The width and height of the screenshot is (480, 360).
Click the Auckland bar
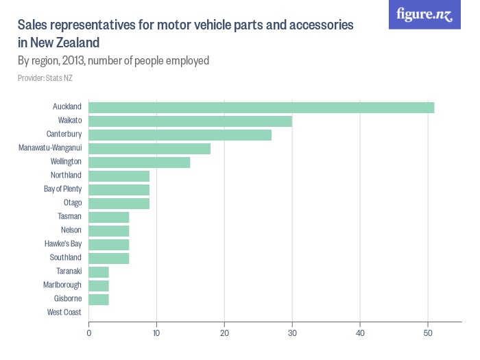pyautogui.click(x=261, y=107)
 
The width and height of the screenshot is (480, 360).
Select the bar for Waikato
pyautogui.click(x=191, y=121)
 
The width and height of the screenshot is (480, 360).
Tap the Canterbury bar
pyautogui.click(x=180, y=134)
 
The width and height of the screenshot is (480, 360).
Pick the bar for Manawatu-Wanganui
pyautogui.click(x=149, y=148)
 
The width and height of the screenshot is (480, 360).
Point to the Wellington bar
pyautogui.click(x=139, y=162)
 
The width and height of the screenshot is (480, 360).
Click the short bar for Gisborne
pyautogui.click(x=99, y=299)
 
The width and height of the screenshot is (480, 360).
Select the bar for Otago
pyautogui.click(x=119, y=203)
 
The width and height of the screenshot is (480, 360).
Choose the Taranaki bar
pyautogui.click(x=99, y=272)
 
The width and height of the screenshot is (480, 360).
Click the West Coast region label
pyautogui.click(x=64, y=313)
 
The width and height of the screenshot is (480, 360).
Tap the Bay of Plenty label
pyautogui.click(x=62, y=189)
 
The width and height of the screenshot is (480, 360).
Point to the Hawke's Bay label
pyautogui.click(x=62, y=244)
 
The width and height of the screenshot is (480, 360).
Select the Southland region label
pyautogui.click(x=65, y=258)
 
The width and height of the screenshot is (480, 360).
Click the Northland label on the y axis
pyautogui.click(x=66, y=176)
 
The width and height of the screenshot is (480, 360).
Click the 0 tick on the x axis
pyautogui.click(x=89, y=333)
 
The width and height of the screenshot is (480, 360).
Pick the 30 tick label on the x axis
pyautogui.click(x=292, y=333)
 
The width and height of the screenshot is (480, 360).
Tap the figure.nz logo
pyautogui.click(x=425, y=15)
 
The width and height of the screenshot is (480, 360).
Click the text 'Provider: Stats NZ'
pyautogui.click(x=45, y=78)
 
